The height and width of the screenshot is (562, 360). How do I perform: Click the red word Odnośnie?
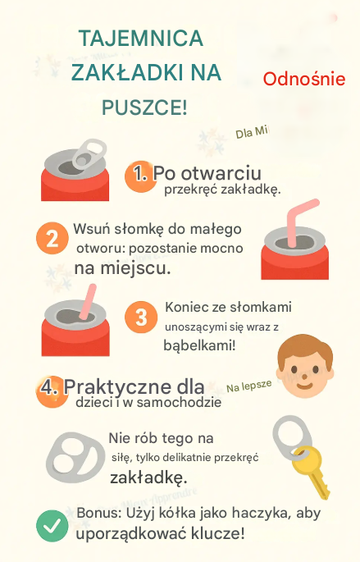(x=304, y=80)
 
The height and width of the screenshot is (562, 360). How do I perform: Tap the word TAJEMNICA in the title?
(x=141, y=39)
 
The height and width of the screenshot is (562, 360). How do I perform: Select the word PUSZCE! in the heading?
(x=144, y=107)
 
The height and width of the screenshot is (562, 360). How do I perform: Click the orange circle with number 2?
(x=52, y=238)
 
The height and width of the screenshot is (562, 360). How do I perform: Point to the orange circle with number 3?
(x=141, y=318)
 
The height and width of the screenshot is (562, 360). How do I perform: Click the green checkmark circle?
(x=52, y=526)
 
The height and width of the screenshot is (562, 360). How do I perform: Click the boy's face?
(x=306, y=366)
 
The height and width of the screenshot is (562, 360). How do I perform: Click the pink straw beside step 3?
(x=87, y=302)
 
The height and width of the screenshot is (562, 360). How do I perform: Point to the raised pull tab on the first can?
(x=89, y=153)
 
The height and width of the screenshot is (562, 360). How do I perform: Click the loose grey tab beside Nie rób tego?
(x=75, y=457)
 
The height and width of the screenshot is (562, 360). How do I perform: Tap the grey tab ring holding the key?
(x=292, y=437)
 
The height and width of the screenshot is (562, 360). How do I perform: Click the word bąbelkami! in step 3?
(x=199, y=346)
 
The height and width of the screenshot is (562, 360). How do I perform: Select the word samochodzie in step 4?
(x=179, y=402)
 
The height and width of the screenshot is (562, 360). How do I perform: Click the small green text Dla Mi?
(x=252, y=133)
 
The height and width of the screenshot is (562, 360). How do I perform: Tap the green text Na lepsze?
(x=249, y=386)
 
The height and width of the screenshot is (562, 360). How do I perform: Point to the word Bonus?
(x=99, y=513)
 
